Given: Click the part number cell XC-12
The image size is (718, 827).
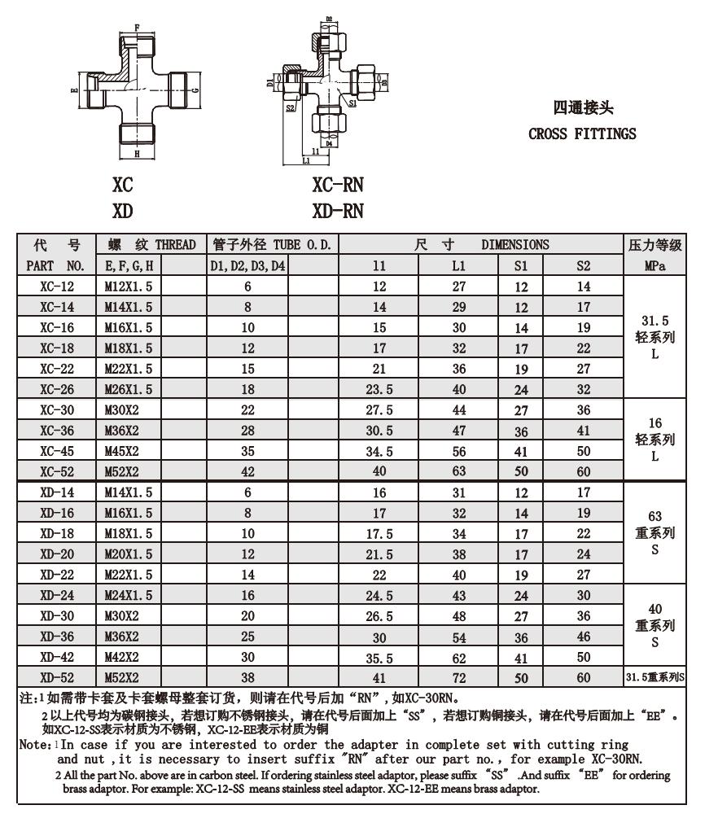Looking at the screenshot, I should [x=56, y=287].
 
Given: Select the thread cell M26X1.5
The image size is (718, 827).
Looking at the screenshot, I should [x=129, y=389].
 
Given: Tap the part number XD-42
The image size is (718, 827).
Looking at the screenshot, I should [x=56, y=657].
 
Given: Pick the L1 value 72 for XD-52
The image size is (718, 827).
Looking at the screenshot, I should [x=459, y=677].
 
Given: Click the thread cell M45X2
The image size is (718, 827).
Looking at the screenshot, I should [x=122, y=451].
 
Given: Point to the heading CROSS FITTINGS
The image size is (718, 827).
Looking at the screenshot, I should [x=582, y=133].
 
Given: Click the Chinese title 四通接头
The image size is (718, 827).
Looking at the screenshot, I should [x=583, y=107].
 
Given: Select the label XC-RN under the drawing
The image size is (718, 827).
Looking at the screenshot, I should [x=337, y=186].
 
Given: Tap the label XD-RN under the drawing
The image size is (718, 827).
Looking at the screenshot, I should [x=337, y=212].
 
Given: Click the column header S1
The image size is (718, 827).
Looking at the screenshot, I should [x=521, y=265].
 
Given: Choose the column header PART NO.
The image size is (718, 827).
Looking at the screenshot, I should [x=56, y=265].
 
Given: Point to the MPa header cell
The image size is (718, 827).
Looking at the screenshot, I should [x=655, y=265].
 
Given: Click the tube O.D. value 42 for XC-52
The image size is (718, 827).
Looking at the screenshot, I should [x=248, y=471].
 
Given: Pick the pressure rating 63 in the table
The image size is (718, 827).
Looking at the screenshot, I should [x=655, y=516].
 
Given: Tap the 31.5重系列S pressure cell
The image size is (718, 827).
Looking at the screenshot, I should [x=655, y=677].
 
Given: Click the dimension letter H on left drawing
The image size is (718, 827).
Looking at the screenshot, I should [x=137, y=153].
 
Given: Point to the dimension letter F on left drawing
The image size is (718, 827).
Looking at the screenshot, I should [x=137, y=28].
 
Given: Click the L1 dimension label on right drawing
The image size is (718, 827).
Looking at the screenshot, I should [x=306, y=161].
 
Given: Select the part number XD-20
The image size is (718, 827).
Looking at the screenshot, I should [x=56, y=554].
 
